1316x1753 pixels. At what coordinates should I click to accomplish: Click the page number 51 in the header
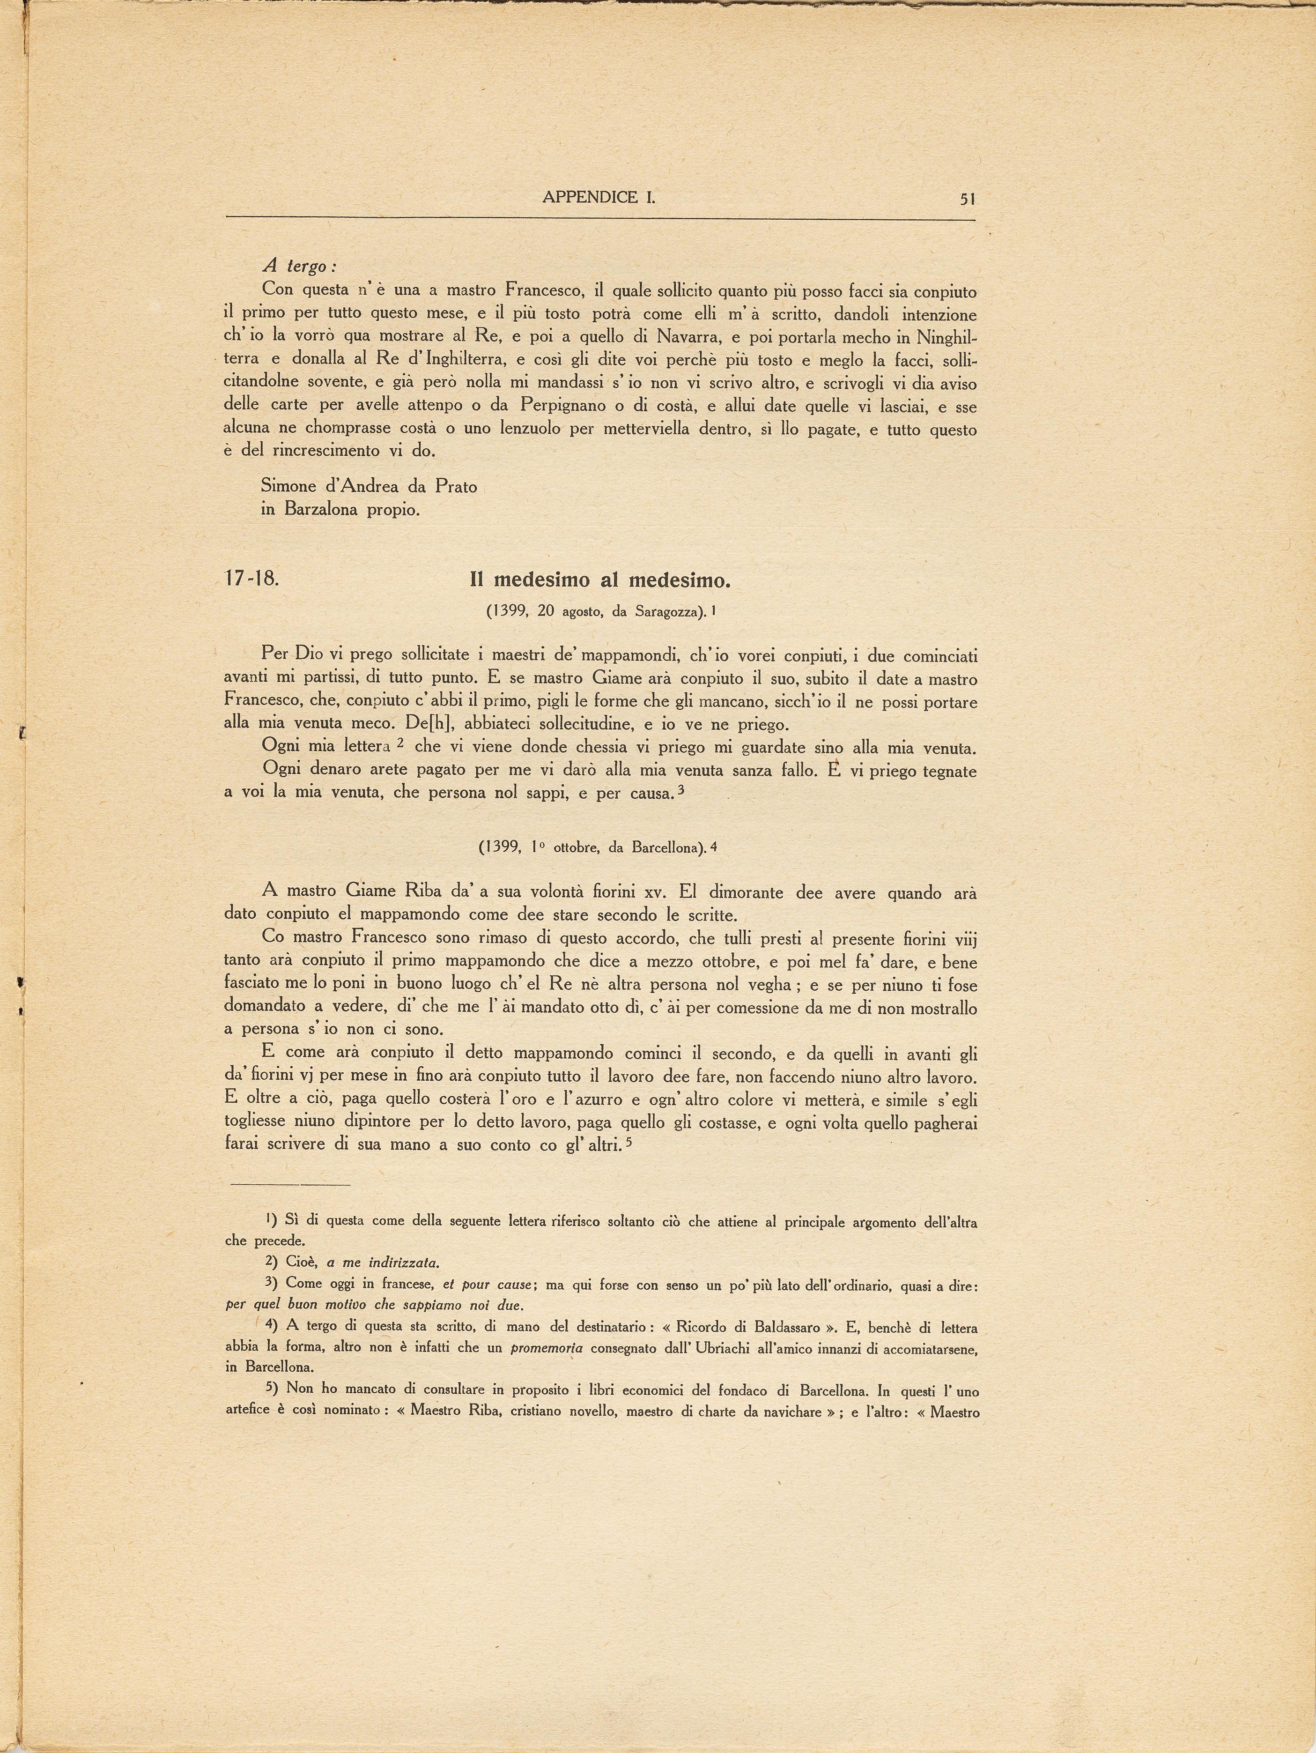click(967, 199)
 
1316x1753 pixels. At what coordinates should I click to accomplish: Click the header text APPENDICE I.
click(600, 198)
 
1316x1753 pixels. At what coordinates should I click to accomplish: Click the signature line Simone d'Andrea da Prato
click(369, 487)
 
